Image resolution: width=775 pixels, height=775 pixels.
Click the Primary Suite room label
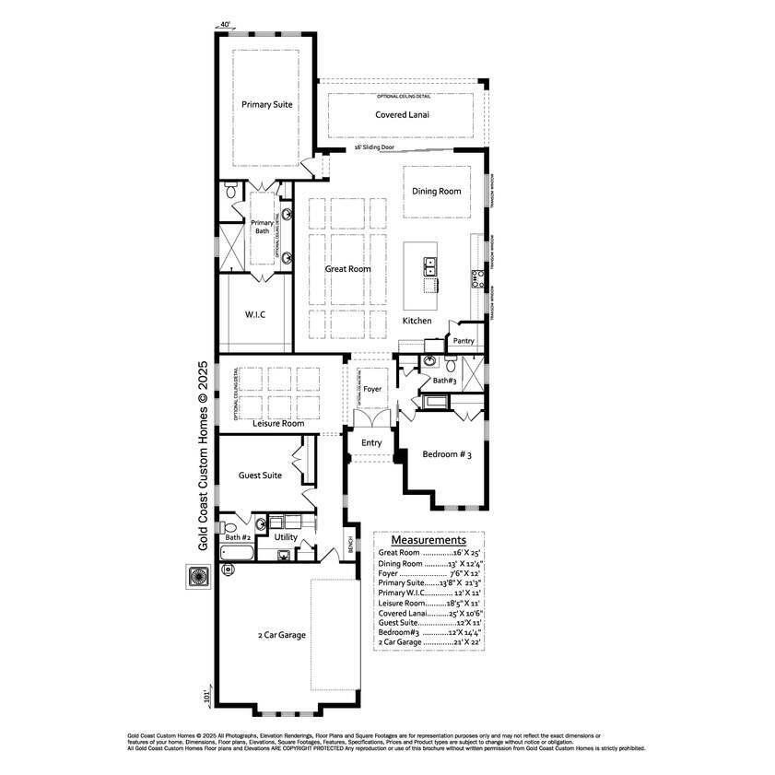pos(267,105)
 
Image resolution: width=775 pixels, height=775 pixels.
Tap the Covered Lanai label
pos(403,115)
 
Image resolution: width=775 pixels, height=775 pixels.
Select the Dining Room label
pos(436,192)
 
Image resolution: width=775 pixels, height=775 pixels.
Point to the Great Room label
pos(347,269)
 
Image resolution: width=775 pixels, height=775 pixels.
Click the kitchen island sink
pos(430,267)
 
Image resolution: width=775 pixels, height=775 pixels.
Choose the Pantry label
pos(463,341)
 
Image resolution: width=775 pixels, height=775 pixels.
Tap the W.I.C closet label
pos(255,314)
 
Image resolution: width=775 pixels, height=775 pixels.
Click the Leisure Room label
pos(278,423)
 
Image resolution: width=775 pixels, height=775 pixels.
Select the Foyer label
pos(372,390)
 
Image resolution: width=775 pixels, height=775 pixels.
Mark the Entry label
pos(371,443)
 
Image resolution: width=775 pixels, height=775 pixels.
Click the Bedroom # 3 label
pos(447,454)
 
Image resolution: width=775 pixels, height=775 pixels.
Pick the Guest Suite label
pos(260,476)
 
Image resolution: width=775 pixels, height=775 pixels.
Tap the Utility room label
pos(286,536)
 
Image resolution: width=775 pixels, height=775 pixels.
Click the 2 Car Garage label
pos(282,635)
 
